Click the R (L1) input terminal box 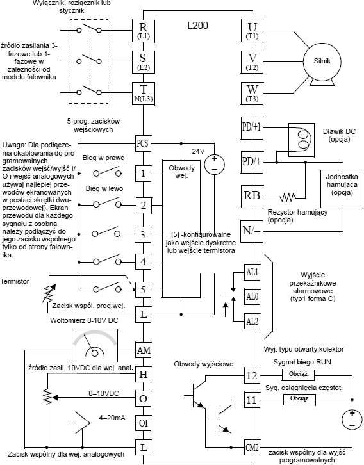[144, 30]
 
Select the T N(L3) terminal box [144, 94]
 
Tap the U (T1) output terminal [252, 30]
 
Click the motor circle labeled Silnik [322, 61]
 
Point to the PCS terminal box [143, 143]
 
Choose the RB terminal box [252, 196]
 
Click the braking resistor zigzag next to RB [288, 197]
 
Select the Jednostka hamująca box [342, 188]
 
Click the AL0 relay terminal [252, 297]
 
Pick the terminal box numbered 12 [252, 376]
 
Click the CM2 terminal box [252, 447]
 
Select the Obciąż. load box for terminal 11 [299, 399]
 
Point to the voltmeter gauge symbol [95, 345]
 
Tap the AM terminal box [144, 350]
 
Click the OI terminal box [144, 423]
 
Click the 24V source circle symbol [215, 165]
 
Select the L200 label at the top [197, 26]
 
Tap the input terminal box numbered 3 [144, 234]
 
